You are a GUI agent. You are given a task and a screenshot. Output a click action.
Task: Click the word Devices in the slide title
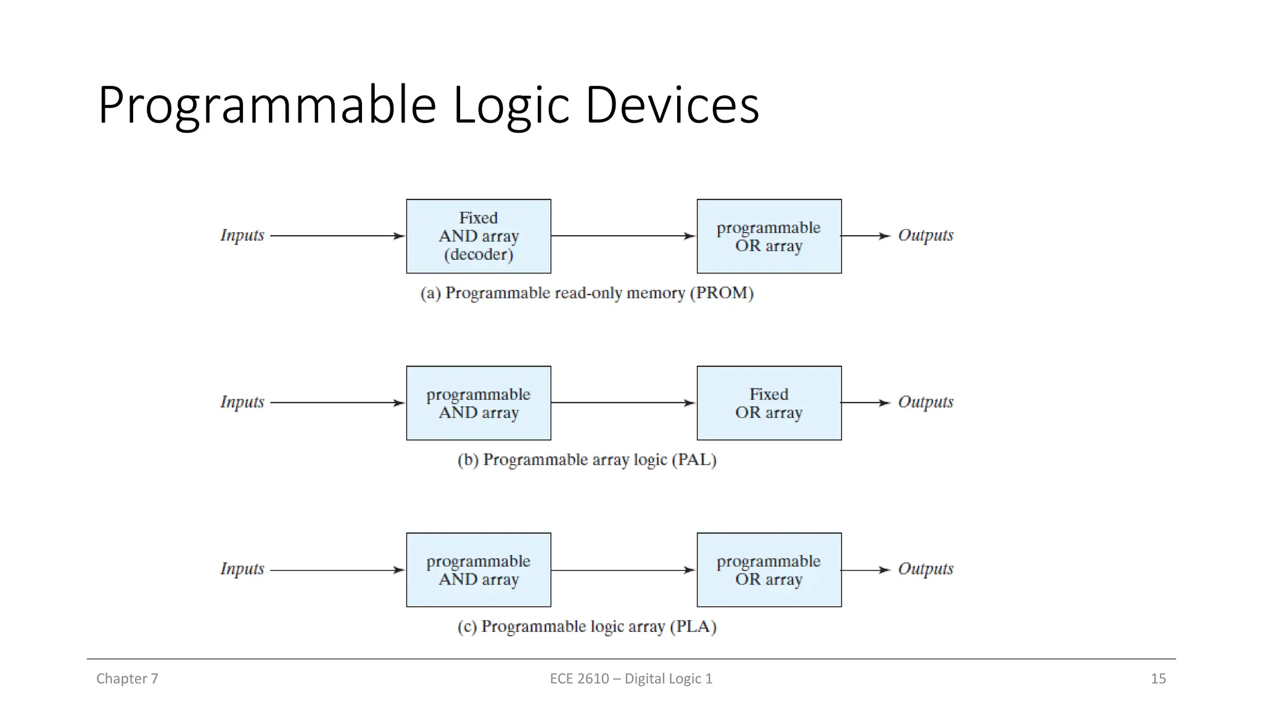coord(672,106)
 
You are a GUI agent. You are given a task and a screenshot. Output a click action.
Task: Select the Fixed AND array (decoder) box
coord(478,236)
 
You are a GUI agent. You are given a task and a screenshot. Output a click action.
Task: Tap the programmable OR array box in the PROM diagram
coord(768,236)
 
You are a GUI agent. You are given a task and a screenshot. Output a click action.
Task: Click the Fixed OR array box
coord(768,403)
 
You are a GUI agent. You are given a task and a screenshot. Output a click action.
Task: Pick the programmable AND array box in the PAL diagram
coord(478,403)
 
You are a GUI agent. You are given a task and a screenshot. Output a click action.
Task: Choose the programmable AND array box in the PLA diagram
coord(478,570)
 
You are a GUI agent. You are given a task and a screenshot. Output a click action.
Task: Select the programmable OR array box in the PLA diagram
coord(768,570)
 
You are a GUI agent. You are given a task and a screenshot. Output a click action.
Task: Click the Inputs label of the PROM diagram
coord(242,236)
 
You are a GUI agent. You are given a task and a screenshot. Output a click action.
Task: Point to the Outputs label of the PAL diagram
coord(925,402)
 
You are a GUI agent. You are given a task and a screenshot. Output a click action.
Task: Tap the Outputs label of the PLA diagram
coord(925,569)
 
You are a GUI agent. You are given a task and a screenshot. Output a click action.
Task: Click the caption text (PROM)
coord(722,293)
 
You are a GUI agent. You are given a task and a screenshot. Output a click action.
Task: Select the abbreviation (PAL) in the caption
coord(694,460)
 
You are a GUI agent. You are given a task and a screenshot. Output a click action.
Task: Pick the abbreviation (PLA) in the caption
coord(694,626)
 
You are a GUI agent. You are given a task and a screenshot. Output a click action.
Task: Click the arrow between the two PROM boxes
coord(623,236)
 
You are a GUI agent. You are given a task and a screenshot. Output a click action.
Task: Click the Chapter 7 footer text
coord(127,679)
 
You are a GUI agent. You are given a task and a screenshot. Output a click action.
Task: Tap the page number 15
coord(1158,679)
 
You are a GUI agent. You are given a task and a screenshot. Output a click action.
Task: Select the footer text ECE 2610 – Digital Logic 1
coord(631,679)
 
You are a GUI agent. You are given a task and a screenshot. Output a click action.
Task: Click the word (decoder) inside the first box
coord(478,254)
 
